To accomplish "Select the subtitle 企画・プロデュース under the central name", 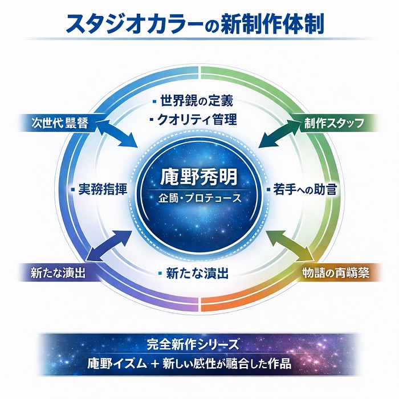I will click(x=199, y=199).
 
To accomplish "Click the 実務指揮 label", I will click(x=102, y=189).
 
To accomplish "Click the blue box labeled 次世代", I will click(x=60, y=123).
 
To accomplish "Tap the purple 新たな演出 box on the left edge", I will click(x=58, y=273).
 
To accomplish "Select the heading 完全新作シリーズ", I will click(x=199, y=345).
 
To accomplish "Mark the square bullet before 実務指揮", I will click(x=75, y=189).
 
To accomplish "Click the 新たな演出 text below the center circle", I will click(x=197, y=273).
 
